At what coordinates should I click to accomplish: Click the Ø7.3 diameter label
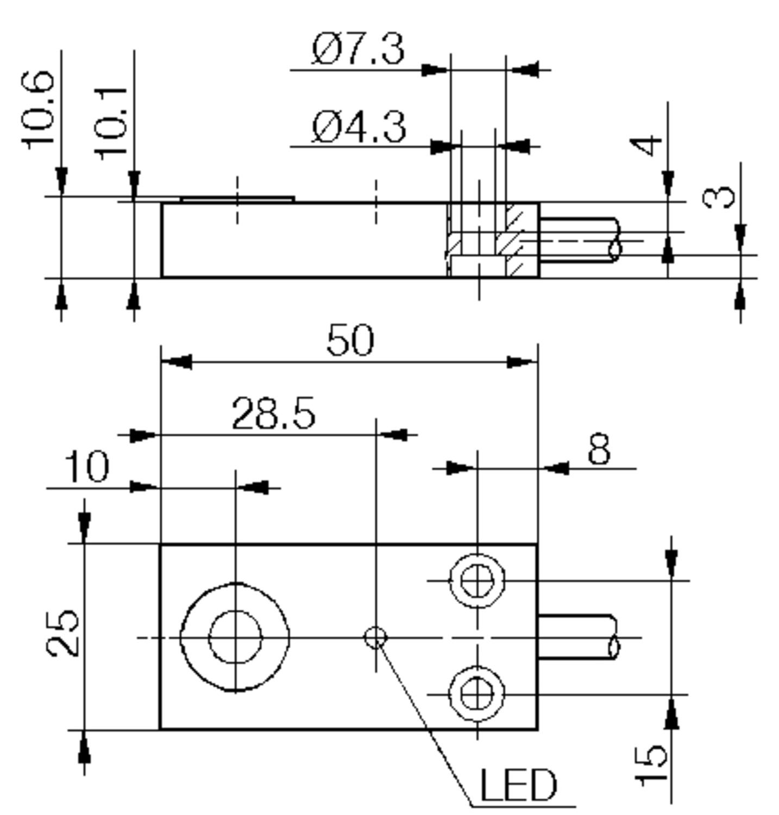(358, 49)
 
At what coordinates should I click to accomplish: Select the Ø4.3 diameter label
(359, 127)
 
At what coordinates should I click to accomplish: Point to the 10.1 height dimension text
(112, 123)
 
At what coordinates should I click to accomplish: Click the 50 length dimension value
(350, 341)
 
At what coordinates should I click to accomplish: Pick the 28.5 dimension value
(273, 414)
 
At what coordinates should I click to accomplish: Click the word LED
(518, 786)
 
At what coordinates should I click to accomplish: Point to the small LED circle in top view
(375, 637)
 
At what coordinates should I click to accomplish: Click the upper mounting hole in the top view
(477, 581)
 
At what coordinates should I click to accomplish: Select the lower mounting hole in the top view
(477, 694)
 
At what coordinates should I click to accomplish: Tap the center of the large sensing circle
(235, 637)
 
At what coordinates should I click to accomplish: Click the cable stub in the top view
(576, 637)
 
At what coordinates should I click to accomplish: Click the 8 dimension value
(599, 449)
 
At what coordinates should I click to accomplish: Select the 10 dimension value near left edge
(87, 467)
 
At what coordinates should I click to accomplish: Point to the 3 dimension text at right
(719, 197)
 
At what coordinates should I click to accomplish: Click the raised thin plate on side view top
(237, 200)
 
